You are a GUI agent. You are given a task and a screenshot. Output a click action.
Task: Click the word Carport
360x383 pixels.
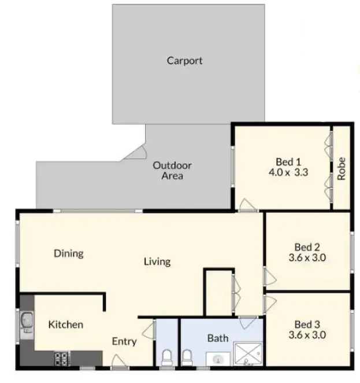coord(184,60)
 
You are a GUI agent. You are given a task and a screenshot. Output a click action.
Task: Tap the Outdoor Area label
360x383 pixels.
coord(172,170)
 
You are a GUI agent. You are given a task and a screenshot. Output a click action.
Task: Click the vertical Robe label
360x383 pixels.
coord(342,168)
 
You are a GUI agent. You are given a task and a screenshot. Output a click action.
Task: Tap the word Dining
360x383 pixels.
coord(68,253)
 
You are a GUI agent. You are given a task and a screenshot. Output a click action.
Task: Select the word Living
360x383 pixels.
coord(157,262)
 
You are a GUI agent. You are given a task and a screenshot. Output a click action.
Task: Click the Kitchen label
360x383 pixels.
coord(65,325)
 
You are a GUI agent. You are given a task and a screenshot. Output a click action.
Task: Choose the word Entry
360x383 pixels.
coord(124,341)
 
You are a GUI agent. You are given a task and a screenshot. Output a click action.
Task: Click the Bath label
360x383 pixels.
coord(217,338)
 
